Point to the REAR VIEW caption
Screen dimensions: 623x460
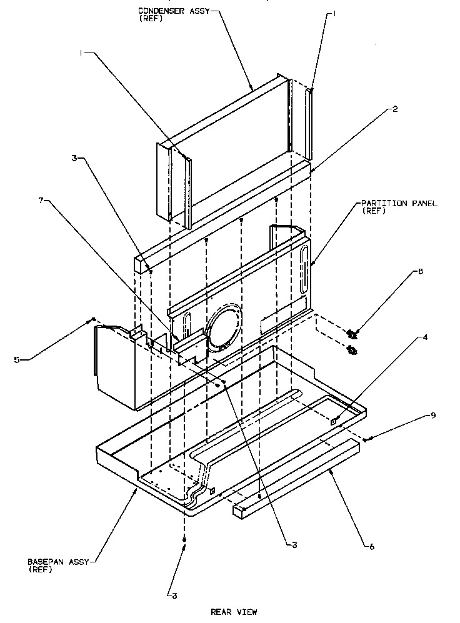234,612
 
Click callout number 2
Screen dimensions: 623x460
395,108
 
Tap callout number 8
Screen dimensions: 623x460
420,272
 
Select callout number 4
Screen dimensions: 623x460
424,337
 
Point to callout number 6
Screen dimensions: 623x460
372,547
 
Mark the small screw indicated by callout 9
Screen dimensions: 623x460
366,439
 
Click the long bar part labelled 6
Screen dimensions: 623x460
297,478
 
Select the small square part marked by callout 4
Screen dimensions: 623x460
334,421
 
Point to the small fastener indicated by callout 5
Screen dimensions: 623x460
93,319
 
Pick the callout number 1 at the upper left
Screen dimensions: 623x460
81,54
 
